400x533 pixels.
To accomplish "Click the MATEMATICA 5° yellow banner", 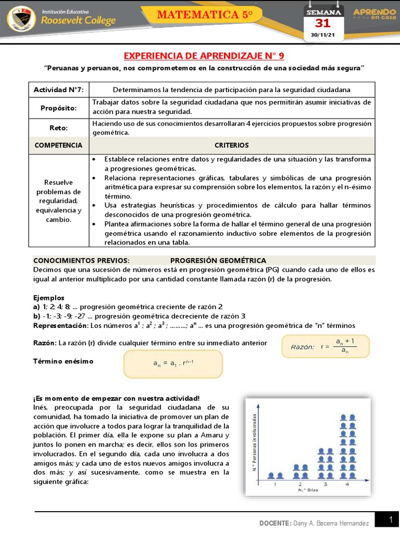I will pyautogui.click(x=205, y=15).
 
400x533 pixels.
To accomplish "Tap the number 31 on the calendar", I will pyautogui.click(x=323, y=23).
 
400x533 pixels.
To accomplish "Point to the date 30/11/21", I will pyautogui.click(x=323, y=35).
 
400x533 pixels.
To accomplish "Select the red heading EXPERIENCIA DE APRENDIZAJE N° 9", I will pyautogui.click(x=204, y=56).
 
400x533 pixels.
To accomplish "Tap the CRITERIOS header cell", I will pyautogui.click(x=232, y=145).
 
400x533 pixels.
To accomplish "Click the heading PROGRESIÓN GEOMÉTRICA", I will pyautogui.click(x=218, y=260).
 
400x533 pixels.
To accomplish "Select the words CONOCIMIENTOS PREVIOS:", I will pyautogui.click(x=81, y=260).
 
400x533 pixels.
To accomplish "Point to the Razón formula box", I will pyautogui.click(x=326, y=346).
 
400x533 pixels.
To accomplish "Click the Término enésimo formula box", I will pyautogui.click(x=173, y=363).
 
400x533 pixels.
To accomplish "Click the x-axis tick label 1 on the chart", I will pyautogui.click(x=274, y=484).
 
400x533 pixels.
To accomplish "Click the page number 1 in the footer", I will pyautogui.click(x=390, y=519).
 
